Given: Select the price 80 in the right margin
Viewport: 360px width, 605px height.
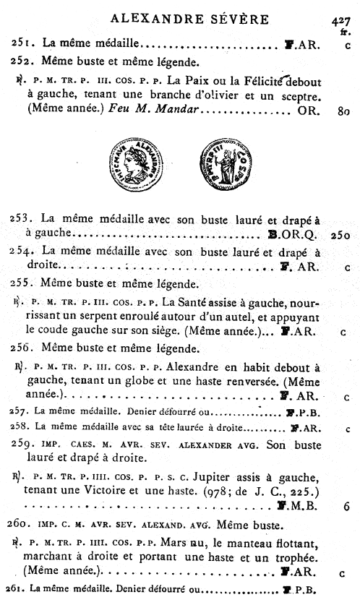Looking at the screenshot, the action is [343, 111].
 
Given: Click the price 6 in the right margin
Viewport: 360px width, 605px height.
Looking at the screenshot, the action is [347, 507].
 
